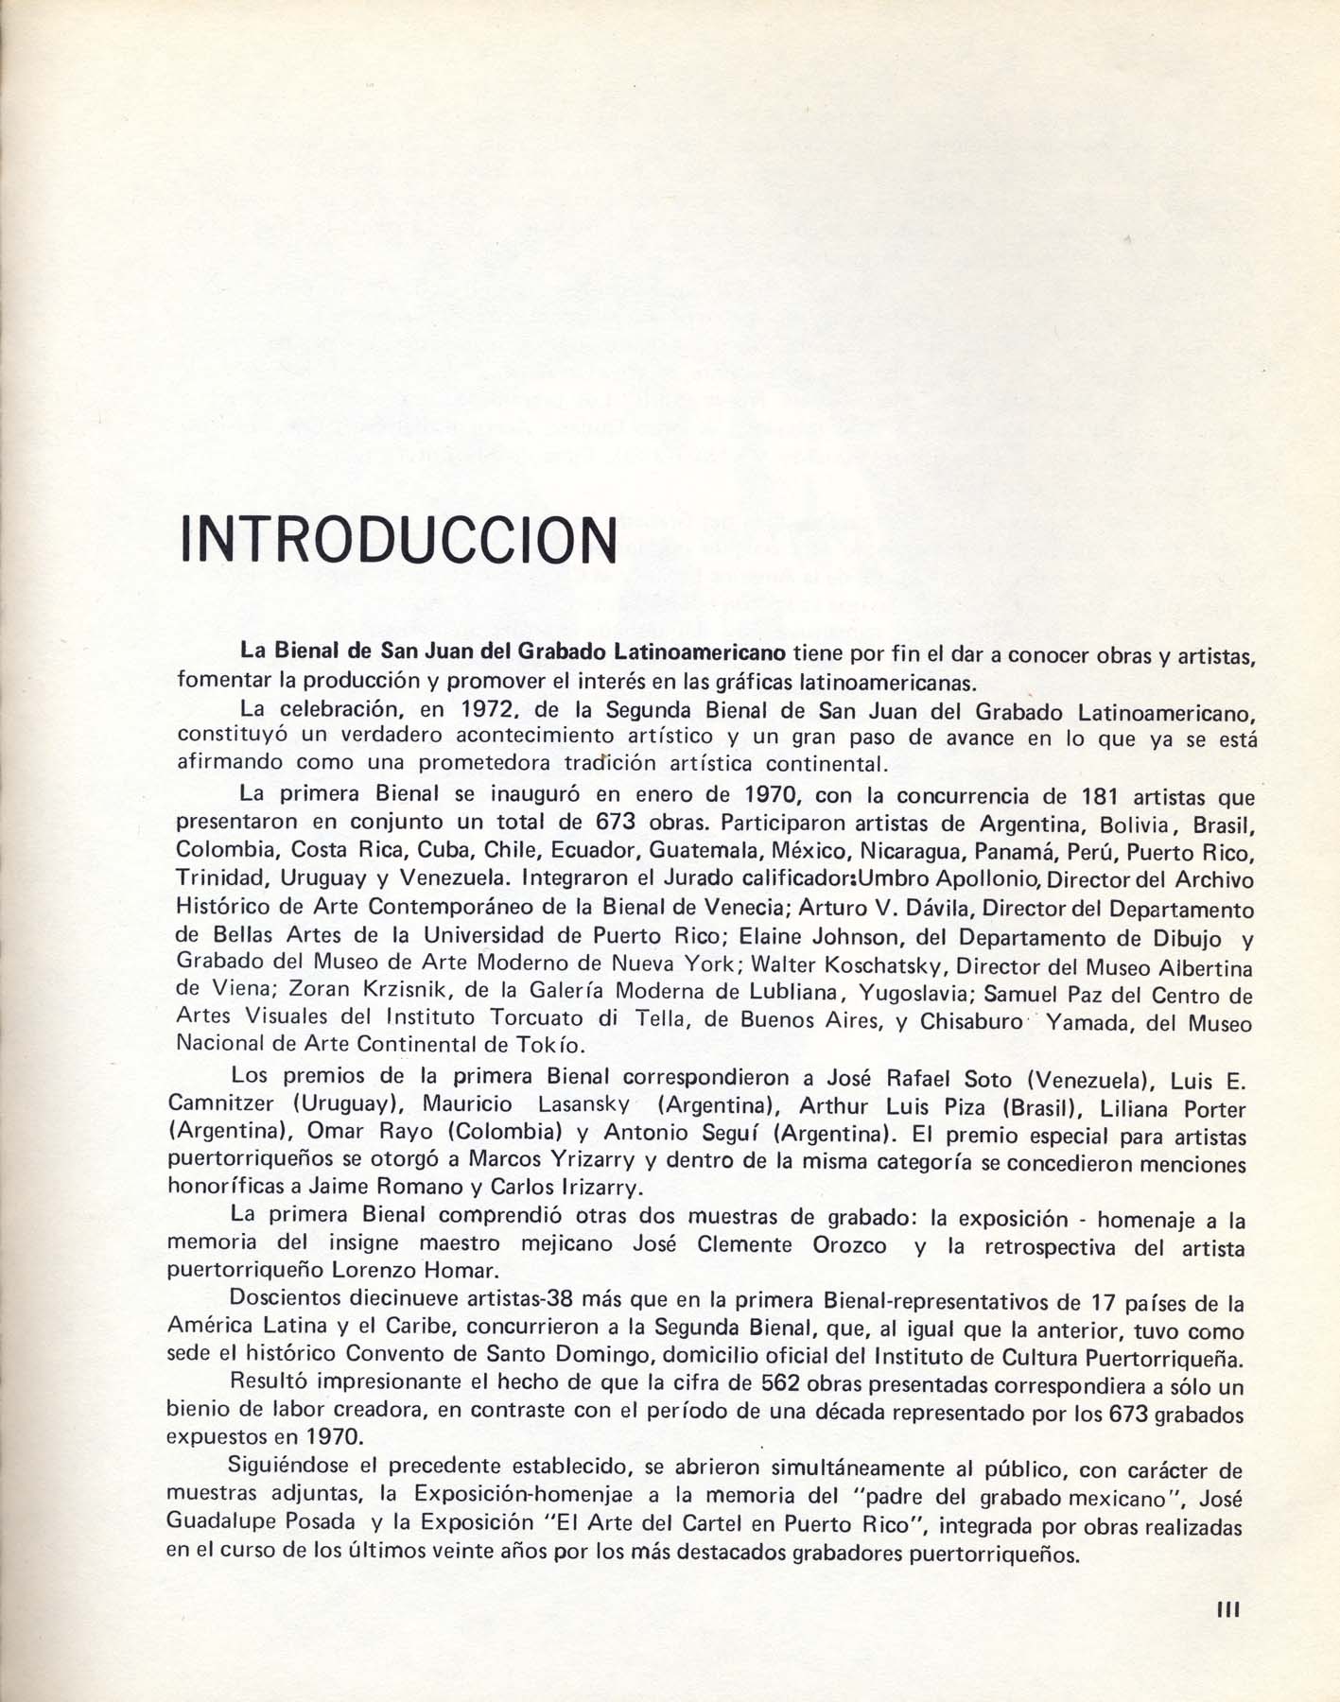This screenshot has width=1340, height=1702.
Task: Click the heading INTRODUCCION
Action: tap(398, 539)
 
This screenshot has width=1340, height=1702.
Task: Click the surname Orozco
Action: tap(849, 1245)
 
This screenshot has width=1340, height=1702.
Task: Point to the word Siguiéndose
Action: tap(289, 1468)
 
